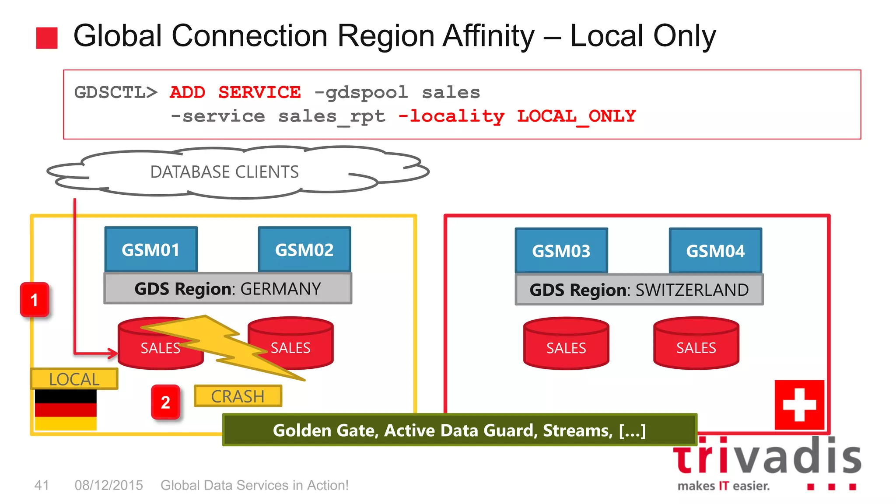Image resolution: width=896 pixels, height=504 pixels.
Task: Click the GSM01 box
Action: pos(151,250)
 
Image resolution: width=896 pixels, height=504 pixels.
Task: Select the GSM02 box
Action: pos(304,250)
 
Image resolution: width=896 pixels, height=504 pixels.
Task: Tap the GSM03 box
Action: pos(561,251)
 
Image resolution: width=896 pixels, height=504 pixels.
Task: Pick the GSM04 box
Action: pos(715,251)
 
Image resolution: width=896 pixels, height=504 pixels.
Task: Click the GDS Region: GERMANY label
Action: pos(227,289)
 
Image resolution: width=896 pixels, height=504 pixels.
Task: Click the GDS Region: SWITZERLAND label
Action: pos(639,290)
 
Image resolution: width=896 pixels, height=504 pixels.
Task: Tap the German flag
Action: pos(66,410)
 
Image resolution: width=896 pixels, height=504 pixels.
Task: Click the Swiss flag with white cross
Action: pos(799,405)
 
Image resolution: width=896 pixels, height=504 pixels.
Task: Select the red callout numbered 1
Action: pos(35,300)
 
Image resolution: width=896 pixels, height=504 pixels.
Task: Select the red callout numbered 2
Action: pos(165,402)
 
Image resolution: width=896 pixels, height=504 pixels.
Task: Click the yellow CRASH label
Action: pos(238,396)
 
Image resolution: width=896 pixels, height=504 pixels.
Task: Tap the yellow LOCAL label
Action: pos(74,379)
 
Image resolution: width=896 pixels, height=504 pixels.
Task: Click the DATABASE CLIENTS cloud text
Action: pos(224,172)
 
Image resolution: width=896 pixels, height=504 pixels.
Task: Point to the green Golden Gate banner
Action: pos(459,430)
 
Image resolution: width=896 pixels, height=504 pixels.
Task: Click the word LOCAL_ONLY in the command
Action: pos(576,116)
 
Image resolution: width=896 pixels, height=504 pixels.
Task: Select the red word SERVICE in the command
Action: pos(259,92)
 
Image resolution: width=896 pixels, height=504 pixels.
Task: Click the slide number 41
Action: pos(42,485)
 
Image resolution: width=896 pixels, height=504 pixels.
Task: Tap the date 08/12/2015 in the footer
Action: pos(108,485)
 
